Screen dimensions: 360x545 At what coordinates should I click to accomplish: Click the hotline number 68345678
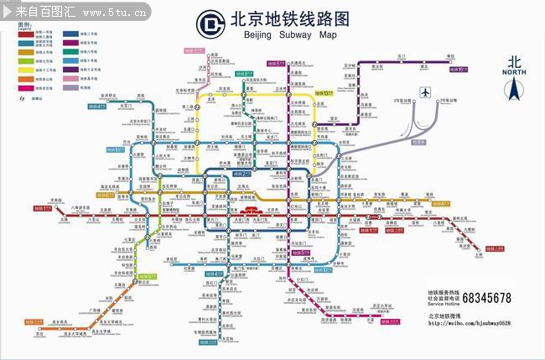pyautogui.click(x=486, y=298)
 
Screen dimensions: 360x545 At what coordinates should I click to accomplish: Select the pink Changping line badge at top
pyautogui.click(x=195, y=50)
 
